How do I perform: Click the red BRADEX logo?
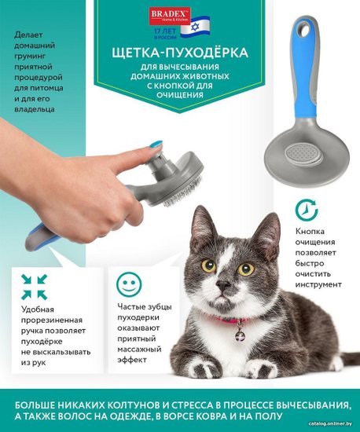[x=170, y=16]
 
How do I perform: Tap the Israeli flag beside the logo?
[x=195, y=27]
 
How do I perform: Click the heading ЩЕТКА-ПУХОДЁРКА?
[x=180, y=52]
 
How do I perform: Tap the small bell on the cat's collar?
[x=240, y=335]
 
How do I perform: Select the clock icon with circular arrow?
[x=307, y=211]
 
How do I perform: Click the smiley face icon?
[x=129, y=284]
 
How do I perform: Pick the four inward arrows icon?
[x=34, y=287]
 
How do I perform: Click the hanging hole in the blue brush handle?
[x=305, y=30]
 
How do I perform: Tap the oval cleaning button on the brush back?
[x=303, y=153]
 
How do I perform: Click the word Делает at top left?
[x=28, y=35]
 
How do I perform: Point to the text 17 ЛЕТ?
[x=165, y=31]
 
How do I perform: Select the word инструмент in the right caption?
[x=318, y=284]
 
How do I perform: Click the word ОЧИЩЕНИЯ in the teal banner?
[x=180, y=95]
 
